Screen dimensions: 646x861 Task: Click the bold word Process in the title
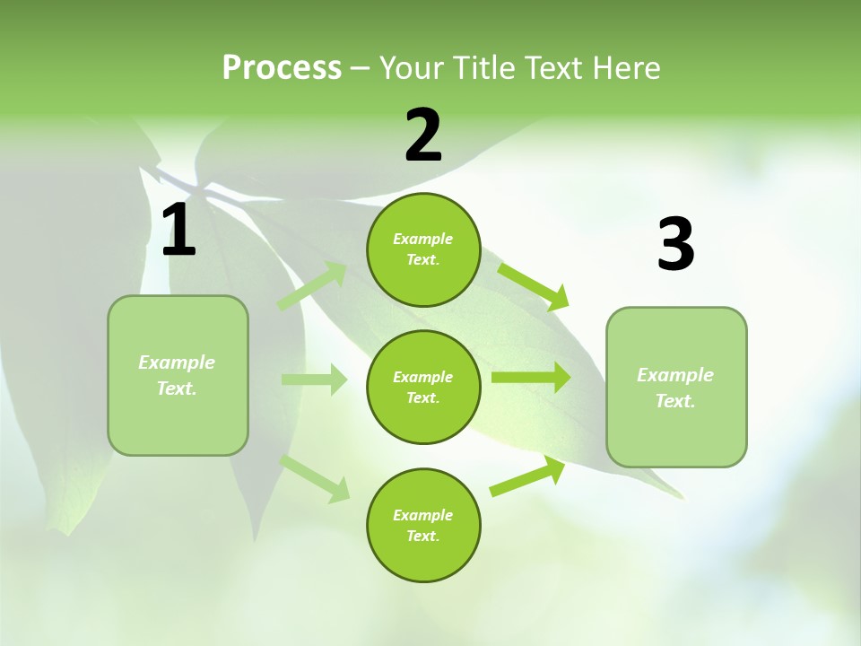(x=282, y=67)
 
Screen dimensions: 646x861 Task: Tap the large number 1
(x=178, y=231)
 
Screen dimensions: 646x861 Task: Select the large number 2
(x=423, y=135)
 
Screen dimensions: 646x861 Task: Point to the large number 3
(x=675, y=245)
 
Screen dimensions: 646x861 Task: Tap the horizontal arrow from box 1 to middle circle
(x=314, y=380)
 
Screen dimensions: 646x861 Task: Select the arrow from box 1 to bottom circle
(x=315, y=477)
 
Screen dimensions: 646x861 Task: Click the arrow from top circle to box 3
(x=533, y=286)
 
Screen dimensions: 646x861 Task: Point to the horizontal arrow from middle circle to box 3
(x=531, y=377)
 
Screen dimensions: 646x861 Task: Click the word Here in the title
(x=626, y=67)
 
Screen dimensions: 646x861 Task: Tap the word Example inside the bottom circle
(x=422, y=515)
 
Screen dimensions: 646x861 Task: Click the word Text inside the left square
(x=176, y=388)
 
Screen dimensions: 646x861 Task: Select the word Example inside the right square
(x=675, y=375)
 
